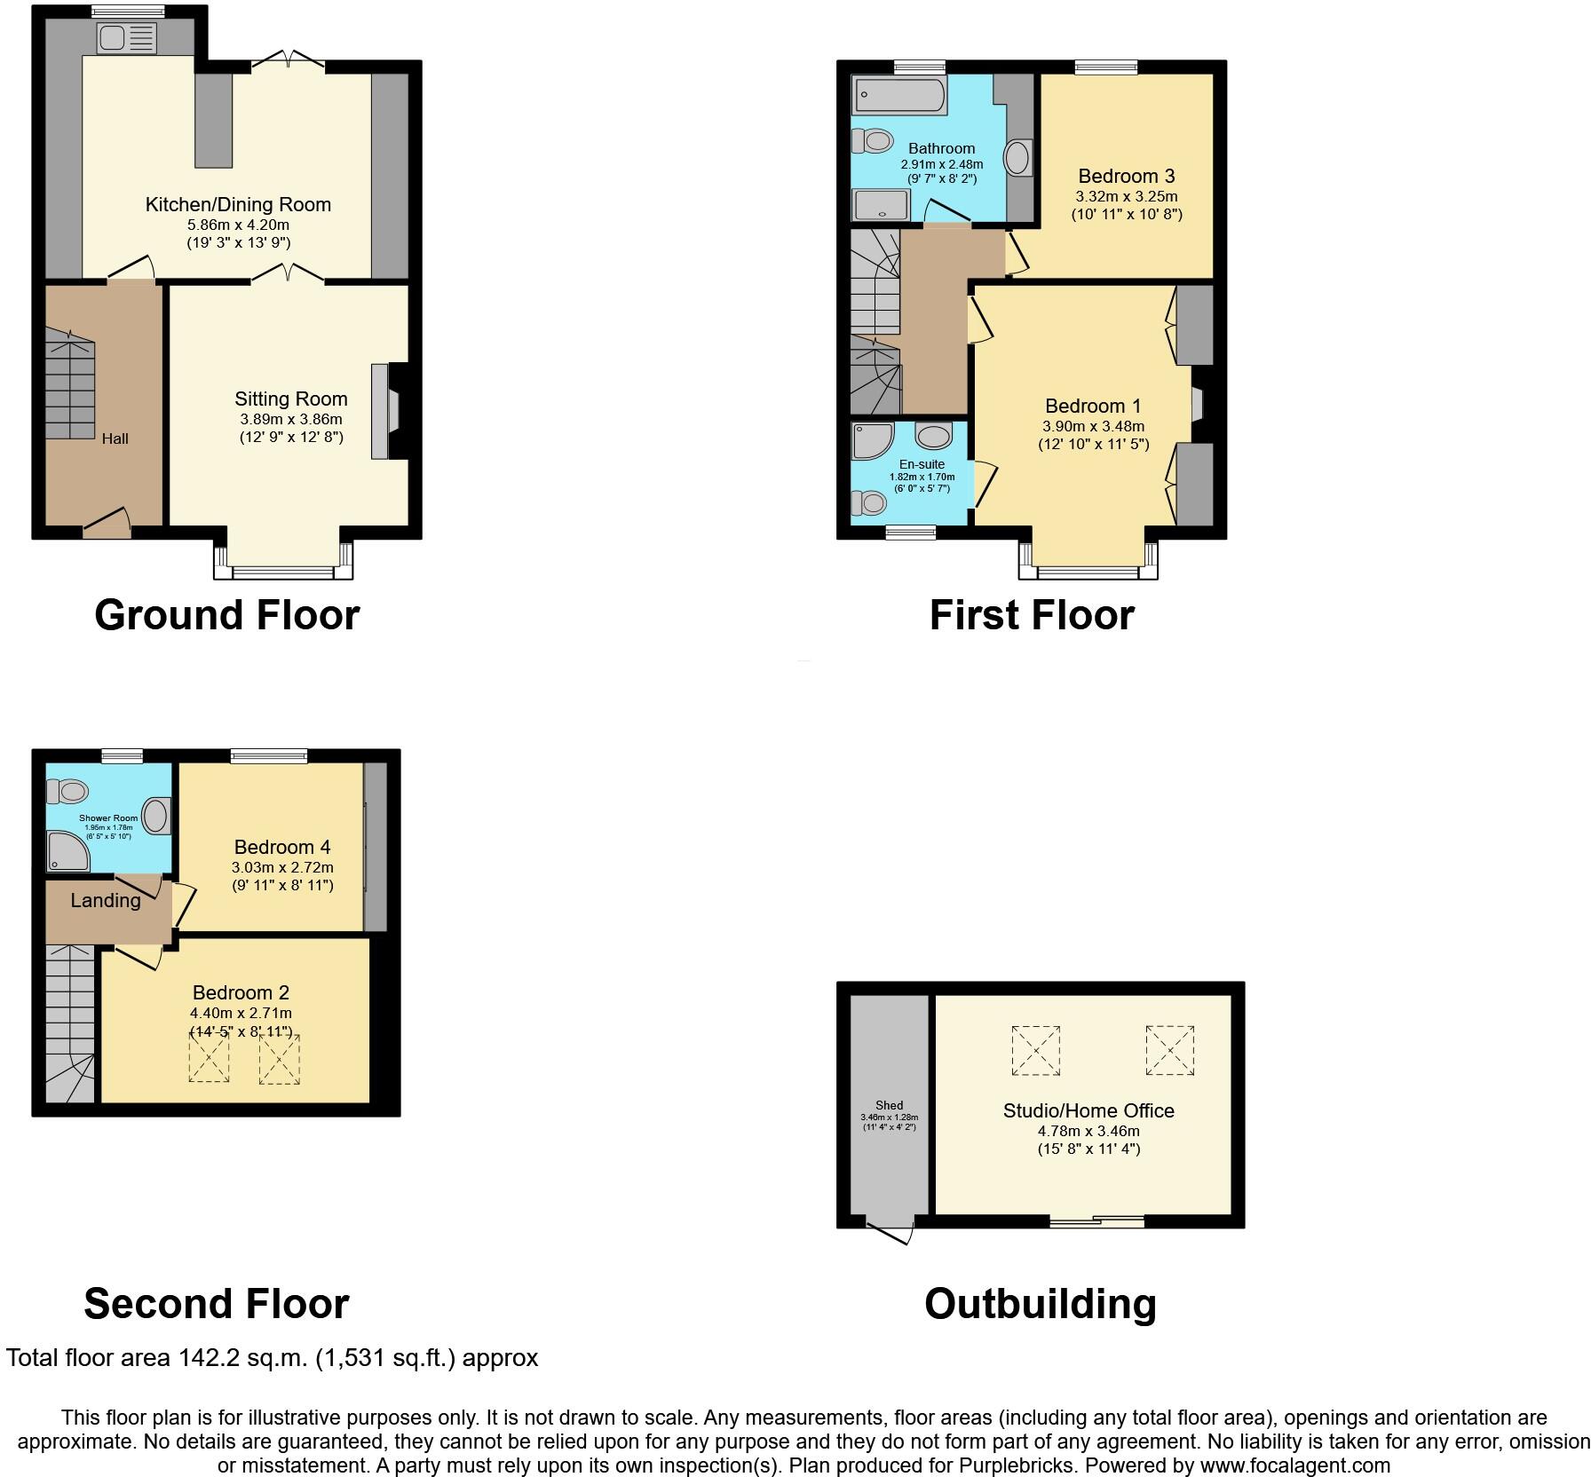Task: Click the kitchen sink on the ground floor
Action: click(x=127, y=38)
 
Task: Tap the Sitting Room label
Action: click(x=290, y=399)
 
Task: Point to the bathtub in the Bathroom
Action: click(x=898, y=95)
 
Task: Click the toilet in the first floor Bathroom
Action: click(x=872, y=140)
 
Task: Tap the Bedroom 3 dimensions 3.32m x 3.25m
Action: click(x=1127, y=196)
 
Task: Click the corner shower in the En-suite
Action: click(x=869, y=440)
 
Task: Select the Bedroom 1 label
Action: click(x=1092, y=407)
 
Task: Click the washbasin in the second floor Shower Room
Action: click(x=156, y=815)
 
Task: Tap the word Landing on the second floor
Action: click(x=106, y=901)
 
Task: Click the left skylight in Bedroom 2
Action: click(x=209, y=1058)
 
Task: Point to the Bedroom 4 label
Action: click(x=282, y=847)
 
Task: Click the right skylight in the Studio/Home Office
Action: click(x=1169, y=1050)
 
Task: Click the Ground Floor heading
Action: click(x=226, y=615)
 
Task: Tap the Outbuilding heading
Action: click(x=1040, y=1304)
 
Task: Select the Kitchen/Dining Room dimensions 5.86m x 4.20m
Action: click(x=238, y=225)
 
